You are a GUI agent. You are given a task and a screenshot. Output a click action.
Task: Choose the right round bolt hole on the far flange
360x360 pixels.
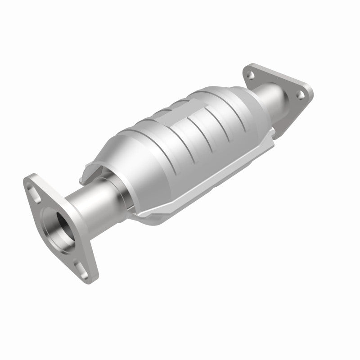pos(298,94)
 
